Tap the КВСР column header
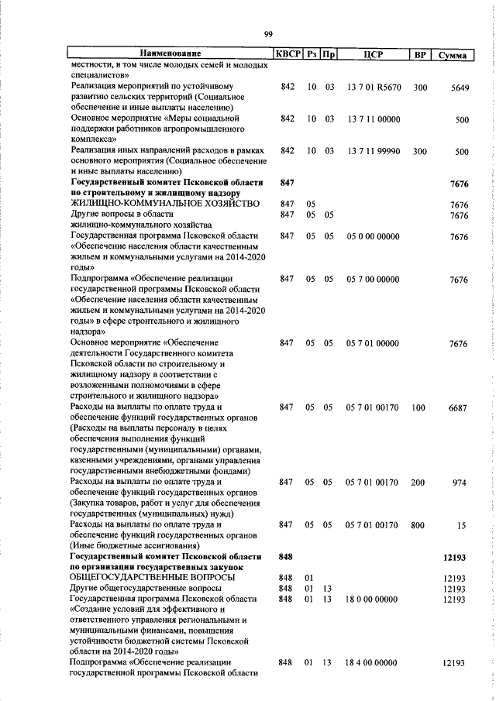pyautogui.click(x=287, y=54)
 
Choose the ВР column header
pyautogui.click(x=419, y=54)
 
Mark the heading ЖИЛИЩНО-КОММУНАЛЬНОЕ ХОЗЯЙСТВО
pyautogui.click(x=164, y=203)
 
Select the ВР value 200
pyautogui.click(x=418, y=482)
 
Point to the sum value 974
pyautogui.click(x=461, y=482)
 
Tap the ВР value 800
pyautogui.click(x=418, y=524)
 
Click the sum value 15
pyautogui.click(x=463, y=524)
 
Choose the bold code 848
pyautogui.click(x=286, y=556)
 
